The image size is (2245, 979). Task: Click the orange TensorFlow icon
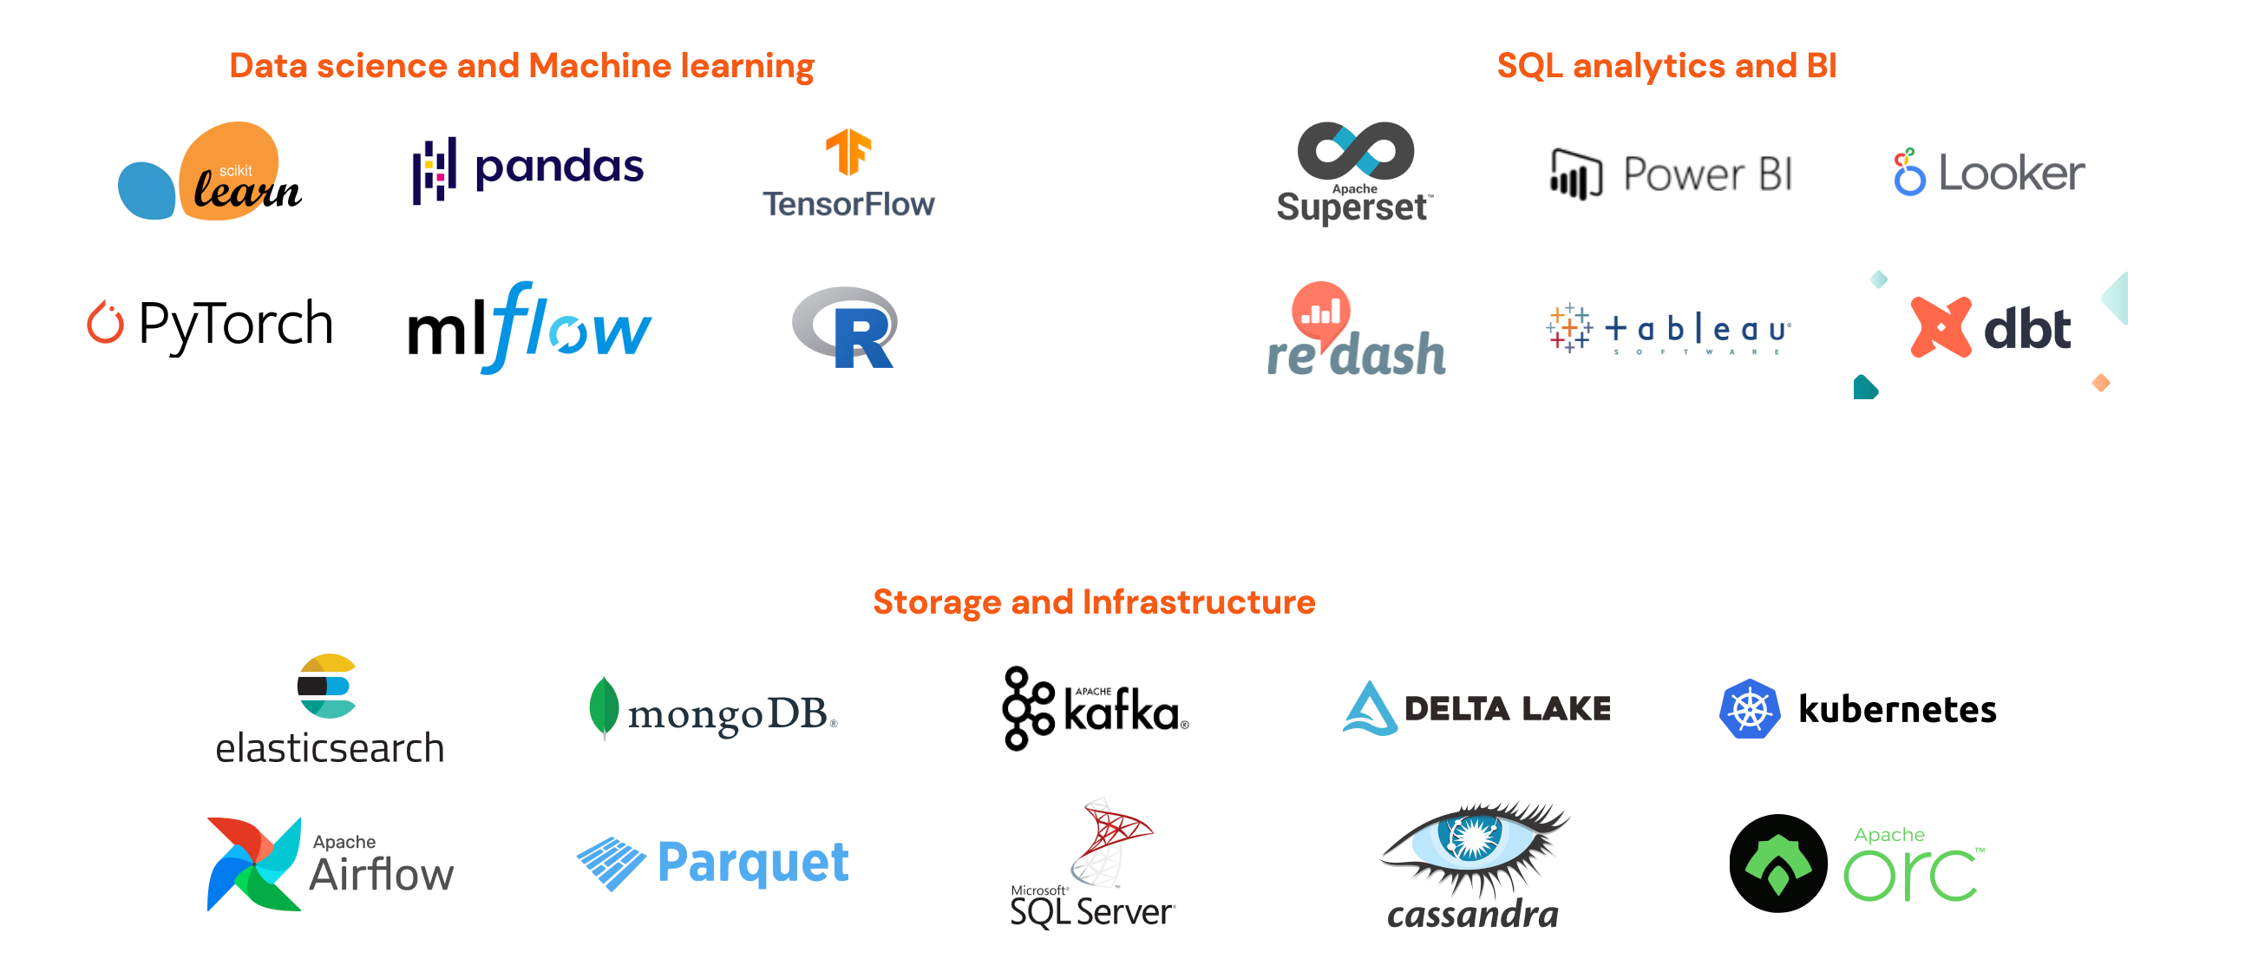pos(848,152)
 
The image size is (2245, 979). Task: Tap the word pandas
pos(559,167)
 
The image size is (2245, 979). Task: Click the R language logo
pos(846,328)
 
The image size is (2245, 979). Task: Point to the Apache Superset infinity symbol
pos(1355,150)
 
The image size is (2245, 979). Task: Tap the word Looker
pos(2012,174)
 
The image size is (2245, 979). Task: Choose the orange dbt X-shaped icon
pos(1940,327)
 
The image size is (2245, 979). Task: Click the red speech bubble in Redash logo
pos(1320,309)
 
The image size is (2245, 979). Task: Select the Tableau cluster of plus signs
pos(1568,328)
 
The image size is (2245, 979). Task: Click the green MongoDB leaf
pos(603,707)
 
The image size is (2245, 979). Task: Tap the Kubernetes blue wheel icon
pos(1749,709)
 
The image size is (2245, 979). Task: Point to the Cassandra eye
pos(1473,840)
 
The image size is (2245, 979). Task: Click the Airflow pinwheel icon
pos(252,864)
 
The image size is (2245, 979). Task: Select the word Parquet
pos(753,862)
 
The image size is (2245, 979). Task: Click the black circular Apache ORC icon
pos(1778,863)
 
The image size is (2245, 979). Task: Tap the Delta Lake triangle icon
pos(1369,709)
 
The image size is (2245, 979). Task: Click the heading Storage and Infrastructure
pos(1094,602)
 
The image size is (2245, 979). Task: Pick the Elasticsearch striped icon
pos(327,687)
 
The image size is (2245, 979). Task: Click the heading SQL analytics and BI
pos(1666,66)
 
